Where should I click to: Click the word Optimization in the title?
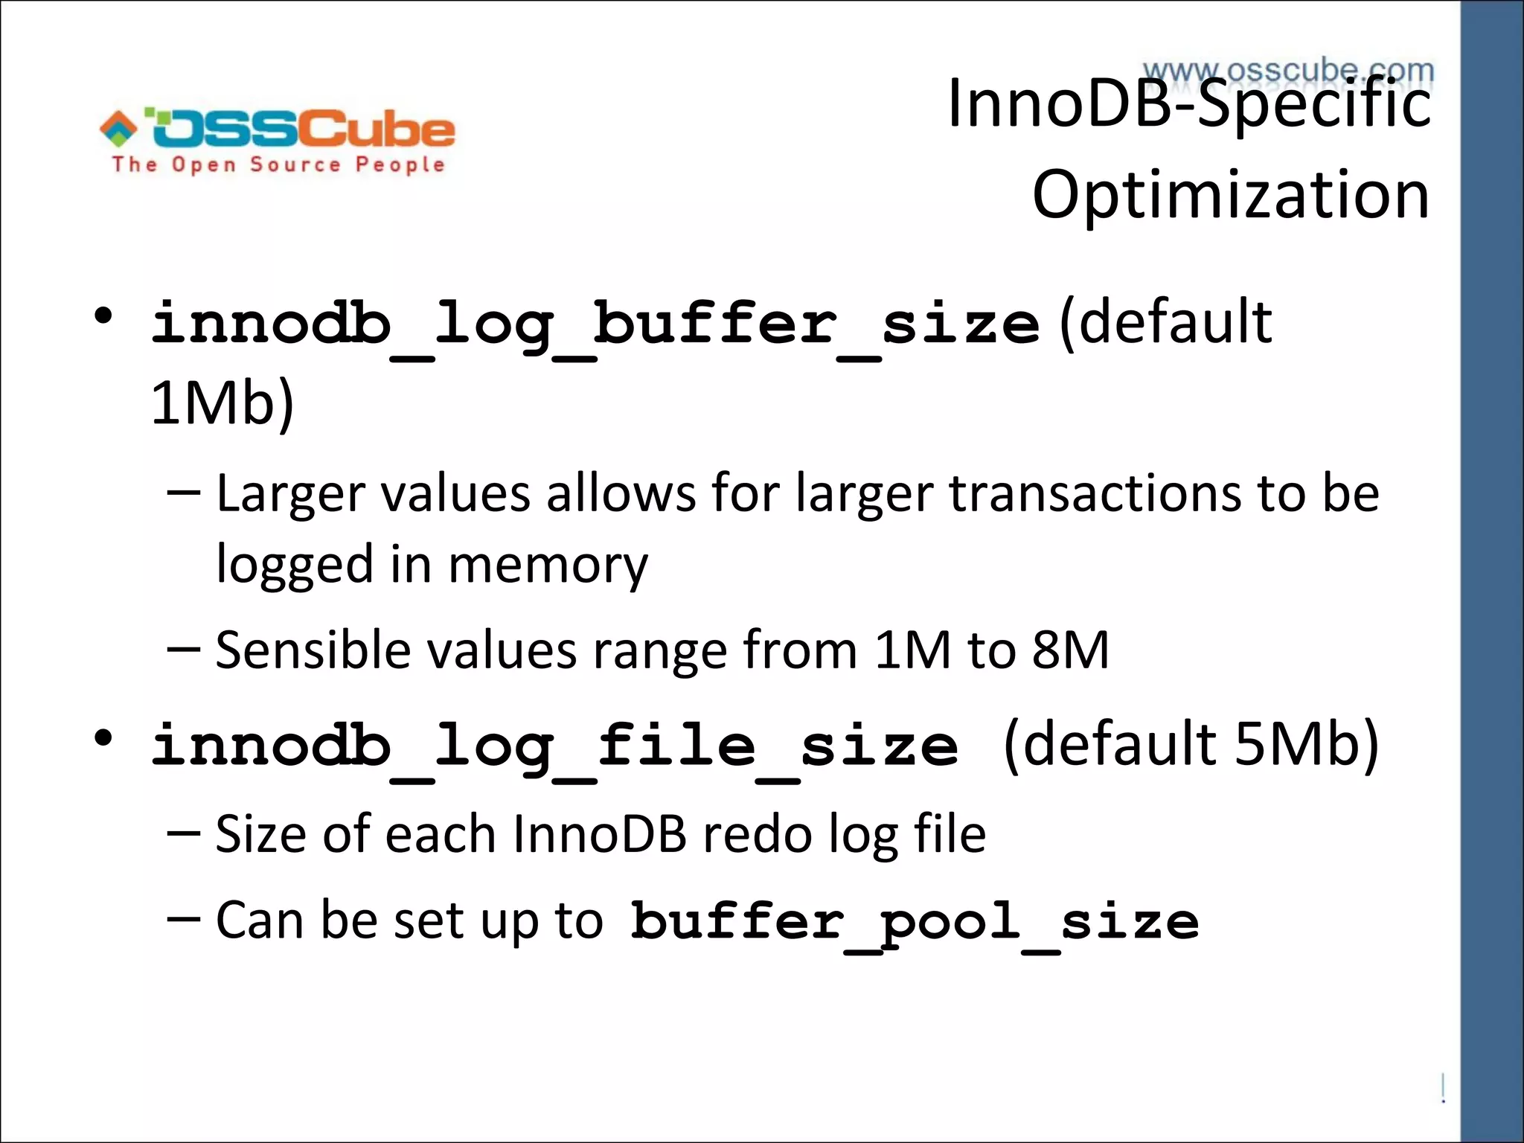click(x=1231, y=195)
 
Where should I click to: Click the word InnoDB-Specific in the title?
click(x=1189, y=104)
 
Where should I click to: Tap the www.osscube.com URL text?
click(x=1288, y=71)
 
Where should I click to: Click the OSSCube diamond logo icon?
click(x=118, y=128)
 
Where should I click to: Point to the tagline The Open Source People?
click(x=278, y=164)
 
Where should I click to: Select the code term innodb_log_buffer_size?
click(x=595, y=325)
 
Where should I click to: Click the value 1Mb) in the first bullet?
click(x=222, y=403)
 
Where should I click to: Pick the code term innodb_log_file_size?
click(x=554, y=746)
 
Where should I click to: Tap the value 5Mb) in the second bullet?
click(x=1307, y=744)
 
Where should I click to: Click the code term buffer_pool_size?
click(x=915, y=922)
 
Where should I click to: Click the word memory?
click(x=548, y=564)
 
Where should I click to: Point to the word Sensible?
click(x=313, y=650)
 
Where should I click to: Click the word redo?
click(x=758, y=834)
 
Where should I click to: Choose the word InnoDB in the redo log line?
click(x=599, y=834)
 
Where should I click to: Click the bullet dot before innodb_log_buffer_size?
click(x=103, y=317)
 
